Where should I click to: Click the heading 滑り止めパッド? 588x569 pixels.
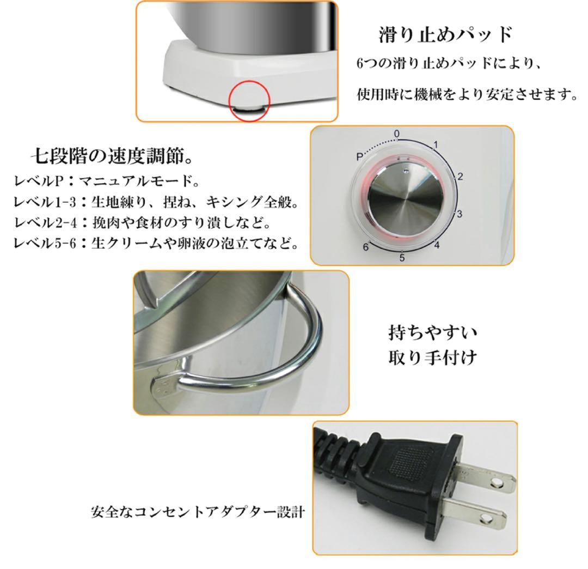click(x=446, y=35)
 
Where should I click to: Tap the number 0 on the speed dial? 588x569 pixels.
click(x=397, y=134)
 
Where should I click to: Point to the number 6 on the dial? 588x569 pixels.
click(x=366, y=247)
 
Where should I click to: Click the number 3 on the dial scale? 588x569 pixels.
click(x=460, y=214)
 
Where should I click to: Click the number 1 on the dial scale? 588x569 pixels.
click(x=435, y=144)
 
